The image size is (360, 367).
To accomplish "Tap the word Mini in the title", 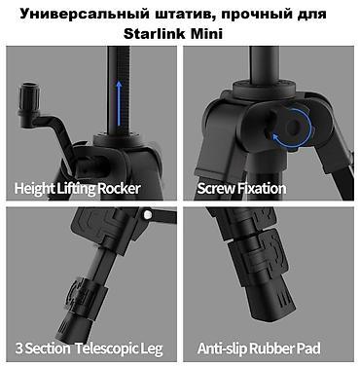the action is [x=206, y=33].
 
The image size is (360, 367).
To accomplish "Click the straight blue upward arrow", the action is [x=119, y=103].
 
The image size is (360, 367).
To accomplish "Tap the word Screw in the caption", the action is [x=216, y=189].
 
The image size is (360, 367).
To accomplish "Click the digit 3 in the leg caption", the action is [x=19, y=349].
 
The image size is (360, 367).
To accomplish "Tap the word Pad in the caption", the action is [x=309, y=349].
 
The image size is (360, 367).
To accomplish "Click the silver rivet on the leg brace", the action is [x=148, y=214].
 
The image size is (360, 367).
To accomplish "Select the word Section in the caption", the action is [x=48, y=349].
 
